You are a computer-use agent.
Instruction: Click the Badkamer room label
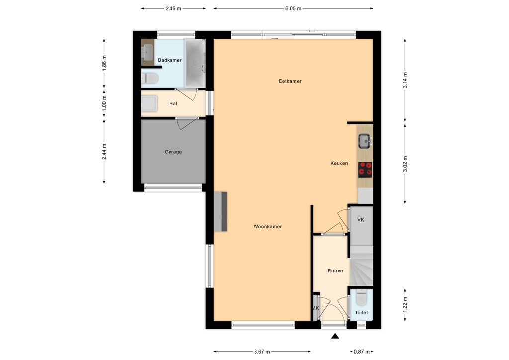click(170, 60)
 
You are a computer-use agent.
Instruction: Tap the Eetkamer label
click(290, 81)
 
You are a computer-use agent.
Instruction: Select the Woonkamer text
click(267, 227)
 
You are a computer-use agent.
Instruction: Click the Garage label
click(173, 152)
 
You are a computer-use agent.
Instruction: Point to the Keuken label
click(339, 163)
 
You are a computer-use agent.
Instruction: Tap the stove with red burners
click(365, 169)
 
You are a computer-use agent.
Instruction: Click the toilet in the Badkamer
click(150, 78)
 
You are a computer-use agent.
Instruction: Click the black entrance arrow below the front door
click(335, 337)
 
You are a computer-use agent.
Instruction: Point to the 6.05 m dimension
click(293, 8)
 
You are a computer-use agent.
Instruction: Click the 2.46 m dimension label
click(173, 8)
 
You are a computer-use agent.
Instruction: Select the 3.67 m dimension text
click(261, 352)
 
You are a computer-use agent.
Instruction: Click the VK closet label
click(361, 219)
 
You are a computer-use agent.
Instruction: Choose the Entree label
click(335, 271)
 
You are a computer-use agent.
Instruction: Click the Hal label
click(173, 104)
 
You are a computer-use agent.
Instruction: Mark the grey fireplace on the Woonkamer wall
click(221, 211)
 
